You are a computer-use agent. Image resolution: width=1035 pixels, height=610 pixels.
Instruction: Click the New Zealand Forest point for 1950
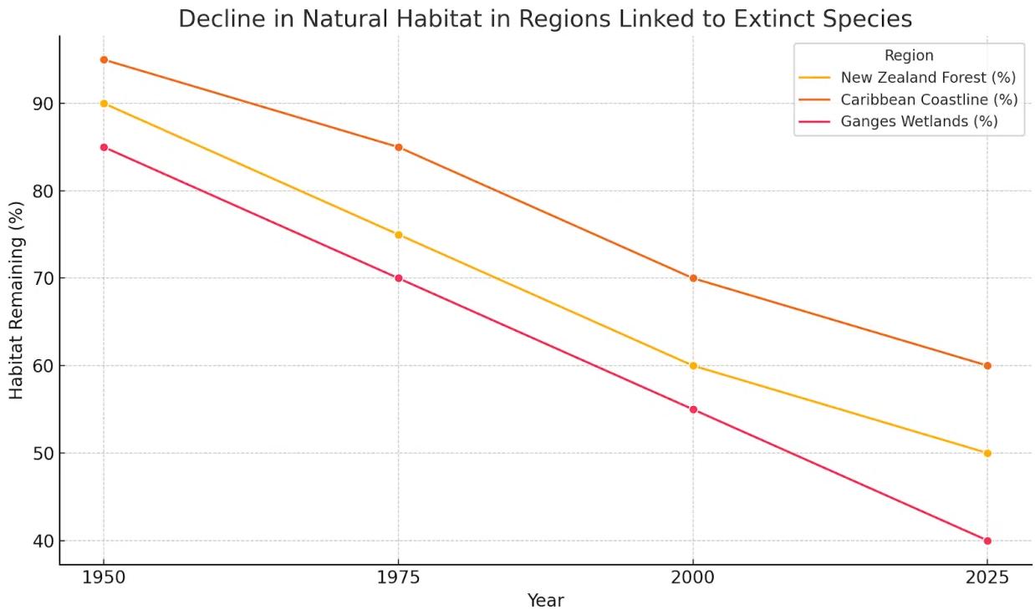(104, 104)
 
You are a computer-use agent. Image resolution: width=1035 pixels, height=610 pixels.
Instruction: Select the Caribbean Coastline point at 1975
(398, 147)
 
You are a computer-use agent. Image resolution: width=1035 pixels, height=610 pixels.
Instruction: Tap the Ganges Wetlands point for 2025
(987, 541)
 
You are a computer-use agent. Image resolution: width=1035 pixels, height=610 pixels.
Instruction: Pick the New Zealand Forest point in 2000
(693, 366)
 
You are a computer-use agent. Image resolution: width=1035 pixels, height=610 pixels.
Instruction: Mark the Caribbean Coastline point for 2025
(987, 366)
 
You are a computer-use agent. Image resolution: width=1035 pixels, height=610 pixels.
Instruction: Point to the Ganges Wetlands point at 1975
(398, 278)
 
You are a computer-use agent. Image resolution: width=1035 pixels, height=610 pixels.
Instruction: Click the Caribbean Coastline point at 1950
(104, 59)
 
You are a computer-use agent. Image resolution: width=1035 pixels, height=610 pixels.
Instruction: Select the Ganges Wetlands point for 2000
(693, 409)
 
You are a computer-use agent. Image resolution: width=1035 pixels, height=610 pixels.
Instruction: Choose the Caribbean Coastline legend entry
(929, 99)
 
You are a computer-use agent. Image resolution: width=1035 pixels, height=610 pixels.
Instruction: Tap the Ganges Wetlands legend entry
(920, 121)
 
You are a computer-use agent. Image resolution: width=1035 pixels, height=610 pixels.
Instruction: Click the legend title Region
(909, 56)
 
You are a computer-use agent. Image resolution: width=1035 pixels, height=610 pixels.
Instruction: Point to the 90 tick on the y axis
(42, 104)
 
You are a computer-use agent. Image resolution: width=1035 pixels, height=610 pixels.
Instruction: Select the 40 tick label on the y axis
(42, 541)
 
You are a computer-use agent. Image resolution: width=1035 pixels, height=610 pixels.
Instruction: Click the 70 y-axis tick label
(42, 278)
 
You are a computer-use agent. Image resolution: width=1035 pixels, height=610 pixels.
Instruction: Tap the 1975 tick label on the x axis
(398, 578)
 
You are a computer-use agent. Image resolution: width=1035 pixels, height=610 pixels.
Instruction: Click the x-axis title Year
(545, 600)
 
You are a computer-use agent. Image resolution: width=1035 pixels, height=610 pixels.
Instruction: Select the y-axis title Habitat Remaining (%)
(17, 300)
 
